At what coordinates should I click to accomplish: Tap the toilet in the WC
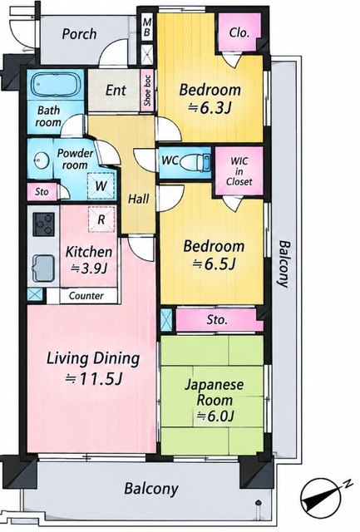(195, 162)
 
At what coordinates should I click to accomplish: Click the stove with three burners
(43, 224)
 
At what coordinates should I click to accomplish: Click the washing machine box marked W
(101, 185)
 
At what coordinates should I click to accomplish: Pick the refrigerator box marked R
(101, 219)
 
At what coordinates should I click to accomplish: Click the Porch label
(79, 34)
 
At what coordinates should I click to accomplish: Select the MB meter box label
(147, 27)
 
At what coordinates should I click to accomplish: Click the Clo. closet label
(239, 32)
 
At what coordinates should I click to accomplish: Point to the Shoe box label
(147, 91)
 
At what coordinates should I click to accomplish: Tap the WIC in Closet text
(239, 171)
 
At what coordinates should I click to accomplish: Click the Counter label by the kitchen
(86, 296)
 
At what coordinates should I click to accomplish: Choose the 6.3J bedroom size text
(210, 109)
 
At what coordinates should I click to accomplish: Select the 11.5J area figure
(94, 379)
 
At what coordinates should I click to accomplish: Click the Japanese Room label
(215, 392)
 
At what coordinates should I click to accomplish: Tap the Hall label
(139, 199)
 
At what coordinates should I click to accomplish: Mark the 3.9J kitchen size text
(89, 268)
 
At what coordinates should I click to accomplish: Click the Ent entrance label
(116, 91)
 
